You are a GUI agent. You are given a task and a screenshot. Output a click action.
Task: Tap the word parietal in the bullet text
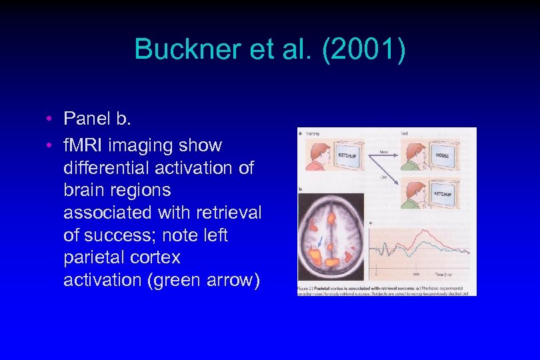(95, 257)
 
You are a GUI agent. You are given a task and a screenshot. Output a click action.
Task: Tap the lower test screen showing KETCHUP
(443, 194)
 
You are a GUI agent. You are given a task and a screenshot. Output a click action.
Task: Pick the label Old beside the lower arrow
(383, 177)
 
